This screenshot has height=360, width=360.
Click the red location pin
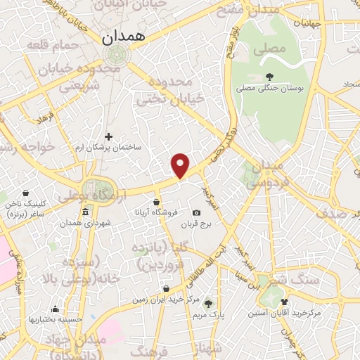pyautogui.click(x=181, y=165)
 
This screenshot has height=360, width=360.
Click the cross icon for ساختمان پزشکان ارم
pyautogui.click(x=108, y=136)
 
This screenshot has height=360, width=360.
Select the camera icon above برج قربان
pyautogui.click(x=196, y=213)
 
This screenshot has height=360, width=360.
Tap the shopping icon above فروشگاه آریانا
pyautogui.click(x=165, y=202)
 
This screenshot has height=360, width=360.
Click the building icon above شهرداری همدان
pyautogui.click(x=85, y=212)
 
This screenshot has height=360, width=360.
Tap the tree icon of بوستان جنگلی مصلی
pyautogui.click(x=270, y=77)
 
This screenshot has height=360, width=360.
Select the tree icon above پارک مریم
pyautogui.click(x=207, y=304)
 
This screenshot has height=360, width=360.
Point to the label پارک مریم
pyautogui.click(x=208, y=316)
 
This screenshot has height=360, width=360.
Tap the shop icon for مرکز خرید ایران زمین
pyautogui.click(x=166, y=288)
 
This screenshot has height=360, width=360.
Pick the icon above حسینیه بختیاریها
pyautogui.click(x=55, y=309)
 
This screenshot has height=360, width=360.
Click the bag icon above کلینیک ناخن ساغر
pyautogui.click(x=25, y=193)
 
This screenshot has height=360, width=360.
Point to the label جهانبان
pyautogui.click(x=307, y=23)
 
